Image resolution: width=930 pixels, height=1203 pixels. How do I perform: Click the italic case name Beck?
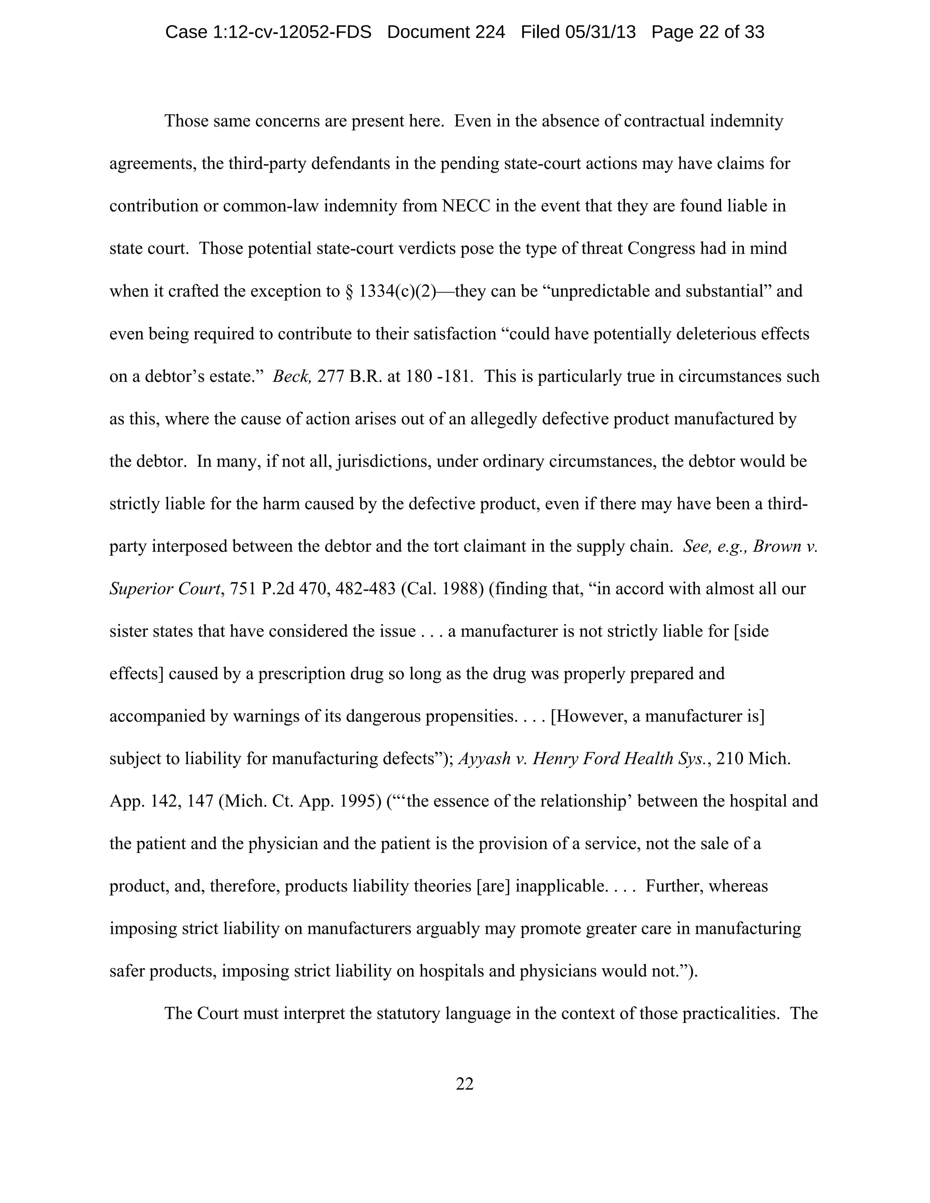pos(292,376)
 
